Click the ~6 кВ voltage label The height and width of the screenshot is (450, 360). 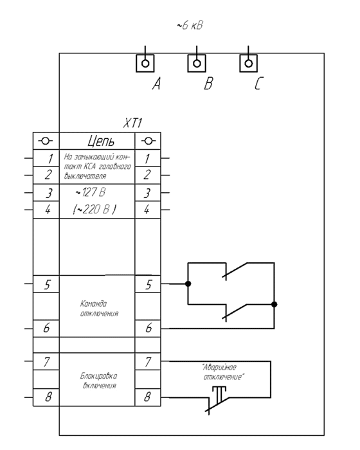click(x=190, y=25)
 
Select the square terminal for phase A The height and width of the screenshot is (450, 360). click(x=145, y=63)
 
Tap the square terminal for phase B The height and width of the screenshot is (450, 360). click(x=197, y=63)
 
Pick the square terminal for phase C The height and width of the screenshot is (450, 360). click(x=249, y=63)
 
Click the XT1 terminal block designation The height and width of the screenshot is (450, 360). click(x=132, y=123)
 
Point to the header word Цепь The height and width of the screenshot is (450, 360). click(x=101, y=141)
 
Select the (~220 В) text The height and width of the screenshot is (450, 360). click(x=94, y=209)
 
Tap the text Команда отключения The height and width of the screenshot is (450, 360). click(x=99, y=309)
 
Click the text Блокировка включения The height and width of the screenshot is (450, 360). click(x=99, y=381)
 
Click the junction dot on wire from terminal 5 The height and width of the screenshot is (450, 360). click(x=188, y=284)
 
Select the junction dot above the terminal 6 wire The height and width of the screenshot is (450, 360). click(x=274, y=304)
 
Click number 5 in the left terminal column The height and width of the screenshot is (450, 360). click(x=47, y=284)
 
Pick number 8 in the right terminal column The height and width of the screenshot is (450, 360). click(x=147, y=397)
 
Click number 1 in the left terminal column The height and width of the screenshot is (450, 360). click(x=50, y=158)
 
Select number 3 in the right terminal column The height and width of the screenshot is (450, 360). click(x=147, y=193)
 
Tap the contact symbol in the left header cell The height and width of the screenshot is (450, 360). click(x=46, y=141)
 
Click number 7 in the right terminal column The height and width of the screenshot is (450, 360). click(x=148, y=361)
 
